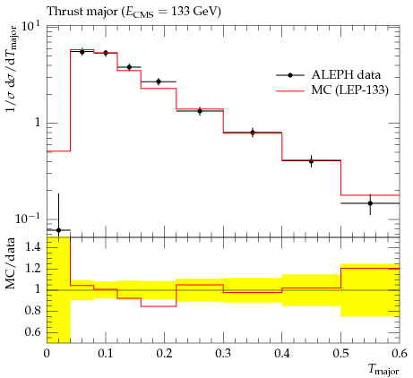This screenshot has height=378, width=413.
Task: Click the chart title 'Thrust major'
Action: coord(82,12)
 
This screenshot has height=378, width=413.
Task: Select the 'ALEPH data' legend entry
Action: coord(329,75)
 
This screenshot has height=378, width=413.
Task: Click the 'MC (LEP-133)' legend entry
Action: coord(332,90)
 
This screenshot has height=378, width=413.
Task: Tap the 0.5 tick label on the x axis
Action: coord(341,354)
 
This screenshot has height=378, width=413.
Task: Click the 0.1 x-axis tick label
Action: coord(106,354)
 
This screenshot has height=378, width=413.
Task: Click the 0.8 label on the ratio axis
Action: coord(33,311)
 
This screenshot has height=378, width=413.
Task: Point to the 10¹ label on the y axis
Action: coord(30,27)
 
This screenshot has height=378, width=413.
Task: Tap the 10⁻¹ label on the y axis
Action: coord(28,219)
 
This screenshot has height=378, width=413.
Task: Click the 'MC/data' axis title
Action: coord(10,263)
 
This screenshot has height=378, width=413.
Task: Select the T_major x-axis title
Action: coord(383,370)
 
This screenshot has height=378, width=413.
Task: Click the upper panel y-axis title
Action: coord(12,69)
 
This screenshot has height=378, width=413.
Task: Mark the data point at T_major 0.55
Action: coord(370,203)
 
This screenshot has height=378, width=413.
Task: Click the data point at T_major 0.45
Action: coord(312,161)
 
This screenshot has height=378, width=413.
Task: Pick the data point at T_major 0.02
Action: coord(58,230)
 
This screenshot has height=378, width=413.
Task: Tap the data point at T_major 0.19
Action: coord(159,82)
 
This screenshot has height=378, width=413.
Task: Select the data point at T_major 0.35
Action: coord(253,133)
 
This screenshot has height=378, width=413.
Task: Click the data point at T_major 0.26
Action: coord(200,111)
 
